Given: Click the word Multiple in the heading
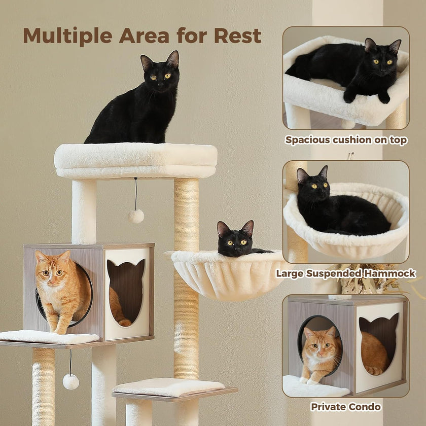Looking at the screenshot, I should (68, 35).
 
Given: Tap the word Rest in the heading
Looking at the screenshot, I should (237, 35).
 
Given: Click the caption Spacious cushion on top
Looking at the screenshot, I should (346, 140).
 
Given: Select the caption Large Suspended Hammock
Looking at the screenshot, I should (346, 274).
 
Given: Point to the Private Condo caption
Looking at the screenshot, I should (346, 406).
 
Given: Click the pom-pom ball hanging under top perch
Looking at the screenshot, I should (136, 216).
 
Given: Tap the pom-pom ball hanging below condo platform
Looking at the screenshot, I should (70, 381).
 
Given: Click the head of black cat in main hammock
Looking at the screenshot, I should (235, 239).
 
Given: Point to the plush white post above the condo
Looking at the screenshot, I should (84, 210).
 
